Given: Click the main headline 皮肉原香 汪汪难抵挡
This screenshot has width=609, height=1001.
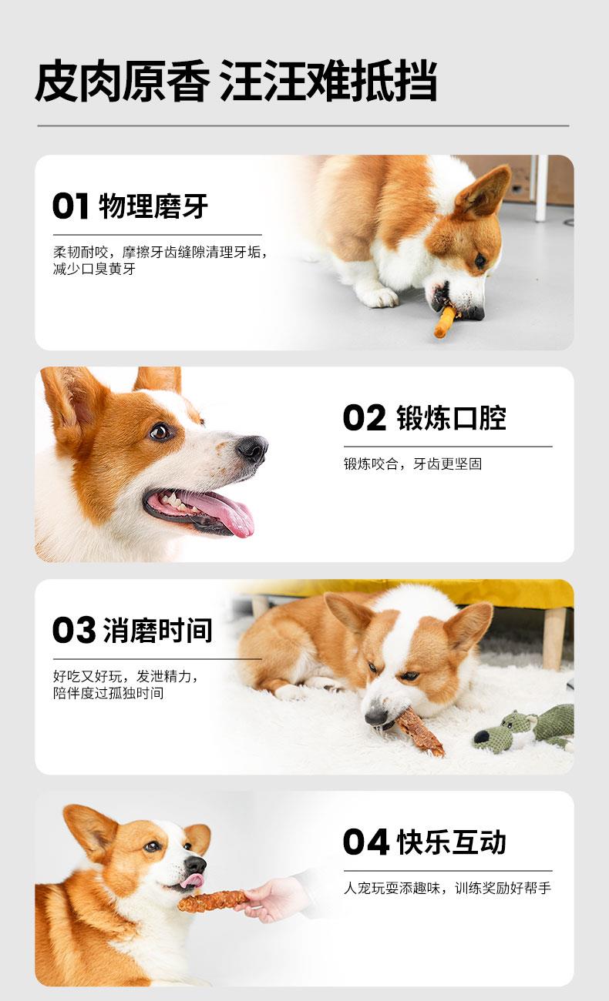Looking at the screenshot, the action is [236, 81].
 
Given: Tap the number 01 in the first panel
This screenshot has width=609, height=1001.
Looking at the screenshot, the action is [70, 206].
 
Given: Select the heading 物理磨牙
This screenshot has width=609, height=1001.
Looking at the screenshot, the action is [153, 206].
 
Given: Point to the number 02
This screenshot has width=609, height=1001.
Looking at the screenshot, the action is [364, 418].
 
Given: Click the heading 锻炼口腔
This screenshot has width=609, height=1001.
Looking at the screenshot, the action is [452, 418].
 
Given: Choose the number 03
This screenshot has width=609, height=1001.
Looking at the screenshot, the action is [73, 630].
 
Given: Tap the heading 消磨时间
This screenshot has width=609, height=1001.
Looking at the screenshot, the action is [157, 630].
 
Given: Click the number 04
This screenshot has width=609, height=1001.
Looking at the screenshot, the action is [365, 842].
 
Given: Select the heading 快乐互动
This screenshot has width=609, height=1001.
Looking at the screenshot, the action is [452, 842].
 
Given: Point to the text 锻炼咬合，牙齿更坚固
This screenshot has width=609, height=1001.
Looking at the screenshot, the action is [412, 464].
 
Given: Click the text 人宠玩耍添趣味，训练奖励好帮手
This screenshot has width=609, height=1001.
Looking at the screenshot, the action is [447, 888].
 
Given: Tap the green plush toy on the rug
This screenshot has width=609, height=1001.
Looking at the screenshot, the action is [524, 730].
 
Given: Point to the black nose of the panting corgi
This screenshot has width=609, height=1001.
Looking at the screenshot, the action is [252, 448].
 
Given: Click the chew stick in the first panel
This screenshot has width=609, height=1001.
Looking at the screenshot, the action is [446, 322].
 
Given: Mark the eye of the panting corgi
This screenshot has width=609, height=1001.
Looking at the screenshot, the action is [159, 432].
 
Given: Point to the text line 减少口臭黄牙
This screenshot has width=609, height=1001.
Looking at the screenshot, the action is [94, 269].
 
